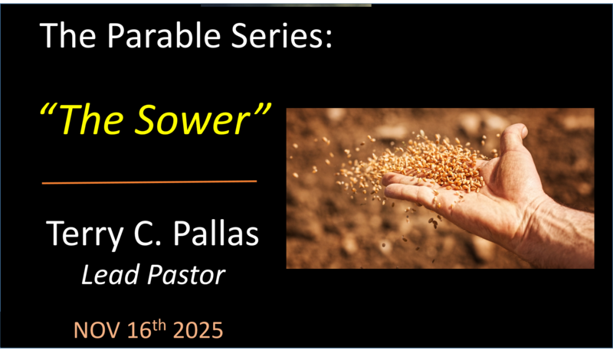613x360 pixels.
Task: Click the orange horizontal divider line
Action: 149,182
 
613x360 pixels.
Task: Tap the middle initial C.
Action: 144,235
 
